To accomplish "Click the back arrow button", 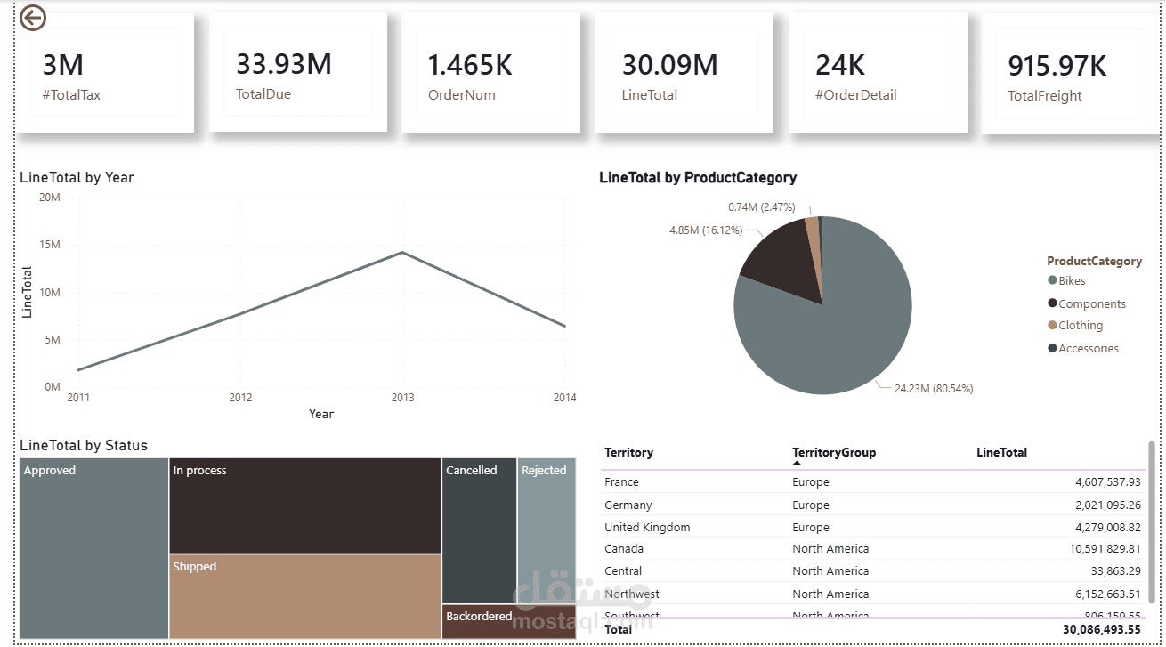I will (33, 18).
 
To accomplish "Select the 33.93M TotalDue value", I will (283, 64).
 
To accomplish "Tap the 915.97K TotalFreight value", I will (1057, 66).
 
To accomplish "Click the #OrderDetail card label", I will (855, 95).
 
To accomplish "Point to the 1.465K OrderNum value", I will (470, 65).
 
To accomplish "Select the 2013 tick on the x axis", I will (402, 398).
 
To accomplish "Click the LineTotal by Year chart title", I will (77, 178).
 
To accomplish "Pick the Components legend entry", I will (1091, 304).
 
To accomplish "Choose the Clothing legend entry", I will (1080, 326).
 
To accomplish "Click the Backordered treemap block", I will (508, 621).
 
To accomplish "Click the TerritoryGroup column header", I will (833, 453).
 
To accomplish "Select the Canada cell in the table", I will (623, 549).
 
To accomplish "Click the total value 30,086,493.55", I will (1095, 629).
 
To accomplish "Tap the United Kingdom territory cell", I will (647, 528).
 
